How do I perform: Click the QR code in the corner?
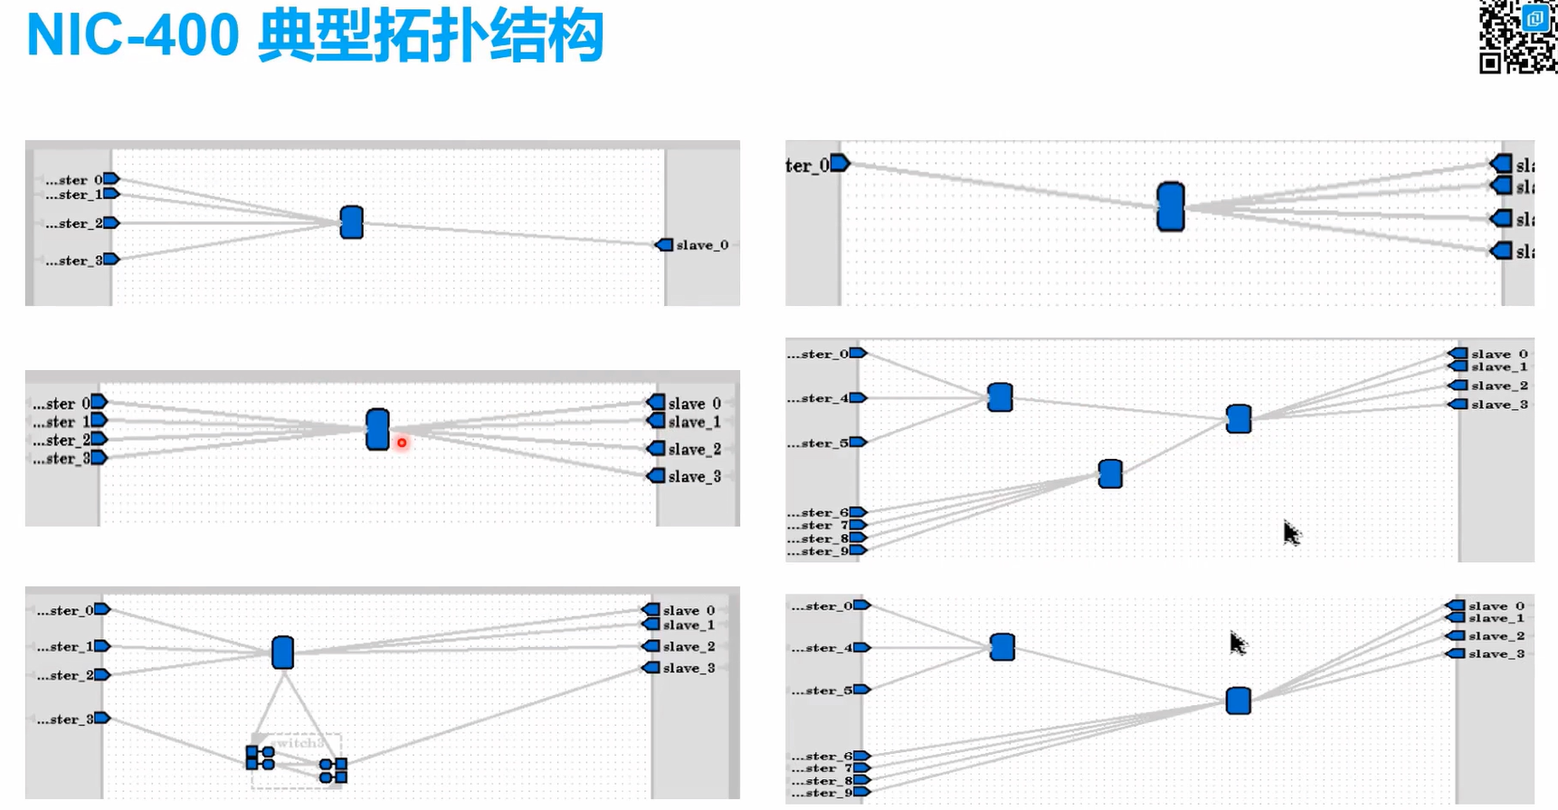[1517, 36]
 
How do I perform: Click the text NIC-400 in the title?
[133, 35]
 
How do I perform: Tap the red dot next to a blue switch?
[402, 443]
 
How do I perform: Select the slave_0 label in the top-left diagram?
[701, 245]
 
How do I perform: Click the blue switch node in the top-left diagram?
[351, 222]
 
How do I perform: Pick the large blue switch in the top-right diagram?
[1170, 206]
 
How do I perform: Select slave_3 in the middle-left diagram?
[694, 477]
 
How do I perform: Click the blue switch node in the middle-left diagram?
[377, 429]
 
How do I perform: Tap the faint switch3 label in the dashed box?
[297, 743]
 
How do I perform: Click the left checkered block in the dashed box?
[260, 758]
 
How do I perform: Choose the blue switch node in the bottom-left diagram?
[282, 652]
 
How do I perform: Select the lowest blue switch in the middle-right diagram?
[1110, 473]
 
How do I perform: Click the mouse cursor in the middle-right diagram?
[1290, 533]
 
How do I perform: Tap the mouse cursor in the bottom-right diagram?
[1237, 643]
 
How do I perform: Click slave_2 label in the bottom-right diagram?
[1496, 636]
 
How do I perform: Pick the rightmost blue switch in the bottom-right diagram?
[1238, 700]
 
